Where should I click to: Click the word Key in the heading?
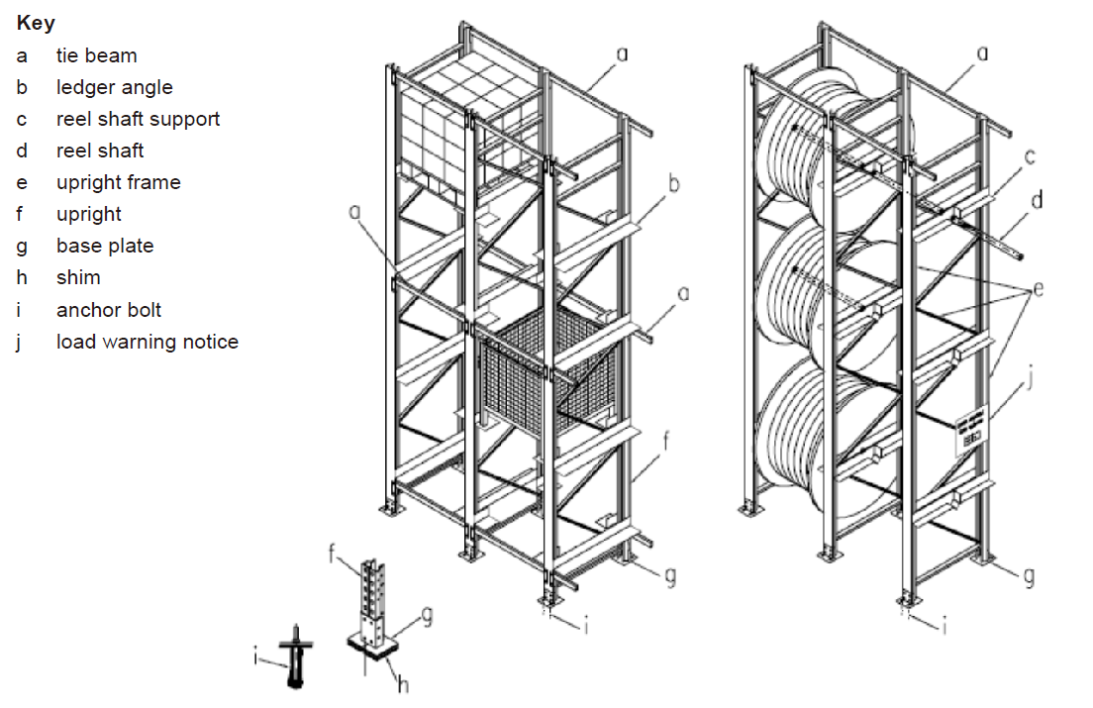tap(36, 23)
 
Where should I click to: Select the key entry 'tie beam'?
tap(96, 55)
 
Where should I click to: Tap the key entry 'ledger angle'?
tap(114, 87)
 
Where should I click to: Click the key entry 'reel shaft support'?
tap(138, 119)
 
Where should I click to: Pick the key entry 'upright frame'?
tap(118, 182)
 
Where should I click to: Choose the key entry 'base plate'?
tap(105, 246)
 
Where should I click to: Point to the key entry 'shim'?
tap(78, 277)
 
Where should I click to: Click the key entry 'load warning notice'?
tap(147, 342)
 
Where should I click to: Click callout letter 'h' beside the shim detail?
tap(403, 684)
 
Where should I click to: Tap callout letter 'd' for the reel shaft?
tap(1036, 201)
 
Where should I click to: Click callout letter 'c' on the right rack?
tap(1031, 154)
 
